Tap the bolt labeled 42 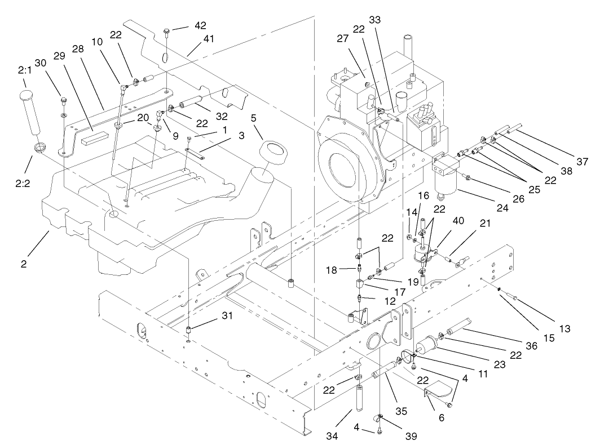pyautogui.click(x=166, y=32)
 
